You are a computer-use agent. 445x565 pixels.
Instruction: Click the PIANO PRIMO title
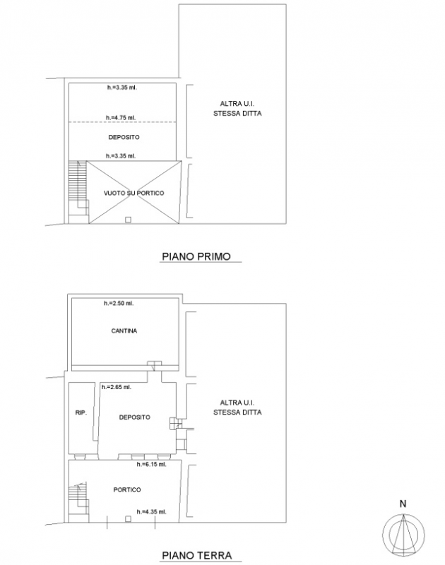[x=196, y=256]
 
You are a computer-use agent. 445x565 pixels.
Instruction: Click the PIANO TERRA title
[x=197, y=555]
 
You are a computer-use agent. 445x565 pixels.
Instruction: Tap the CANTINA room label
[x=124, y=331]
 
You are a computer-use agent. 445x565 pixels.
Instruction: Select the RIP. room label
[x=81, y=412]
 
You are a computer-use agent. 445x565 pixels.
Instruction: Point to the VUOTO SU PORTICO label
[x=134, y=193]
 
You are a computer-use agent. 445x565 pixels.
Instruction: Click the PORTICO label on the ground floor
[x=127, y=489]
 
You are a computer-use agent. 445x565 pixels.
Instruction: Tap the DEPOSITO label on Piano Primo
[x=124, y=137]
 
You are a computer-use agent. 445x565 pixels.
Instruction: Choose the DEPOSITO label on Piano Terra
[x=135, y=417]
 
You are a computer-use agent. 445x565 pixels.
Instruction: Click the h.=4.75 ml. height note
[x=121, y=118]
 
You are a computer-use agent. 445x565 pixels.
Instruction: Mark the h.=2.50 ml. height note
[x=119, y=304]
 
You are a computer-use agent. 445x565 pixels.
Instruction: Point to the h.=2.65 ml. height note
[x=117, y=387]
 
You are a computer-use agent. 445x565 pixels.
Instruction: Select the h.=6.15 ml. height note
[x=151, y=465]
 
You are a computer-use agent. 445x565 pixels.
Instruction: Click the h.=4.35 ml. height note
[x=151, y=511]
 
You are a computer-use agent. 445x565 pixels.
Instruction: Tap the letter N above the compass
[x=403, y=504]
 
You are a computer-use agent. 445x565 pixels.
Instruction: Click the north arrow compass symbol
[x=403, y=534]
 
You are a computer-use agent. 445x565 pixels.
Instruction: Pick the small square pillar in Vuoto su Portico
[x=128, y=220]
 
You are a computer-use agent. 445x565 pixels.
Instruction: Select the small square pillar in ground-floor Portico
[x=128, y=519]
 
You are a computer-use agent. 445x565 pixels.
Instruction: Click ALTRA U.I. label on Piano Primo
[x=237, y=109]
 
